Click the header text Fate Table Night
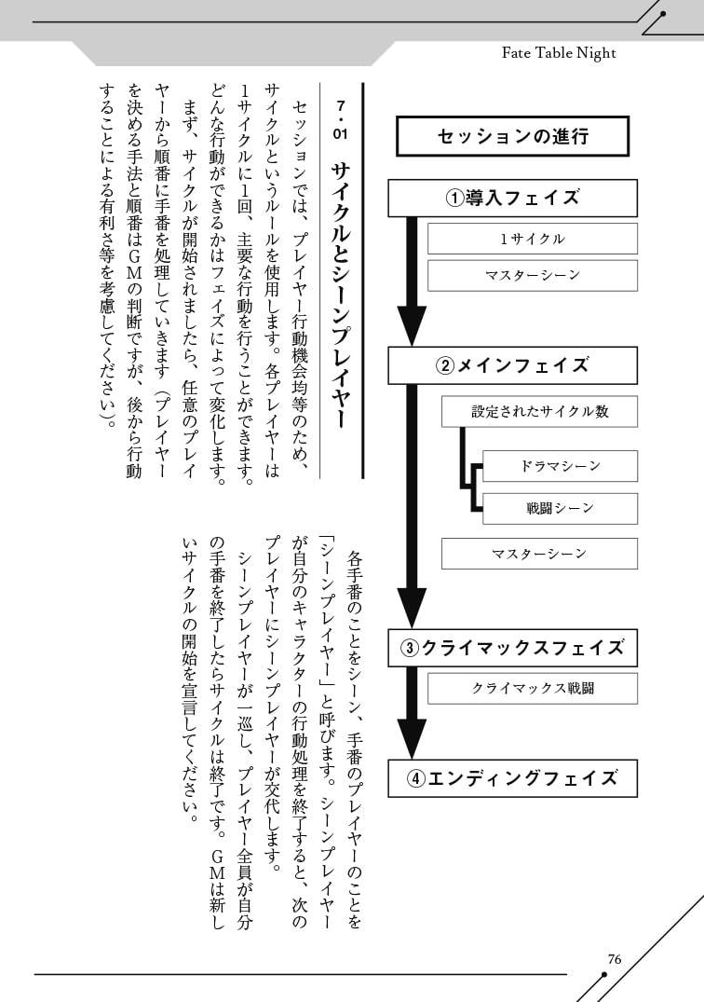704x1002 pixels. (x=559, y=53)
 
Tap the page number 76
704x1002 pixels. (x=614, y=959)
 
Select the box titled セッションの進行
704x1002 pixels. (x=512, y=136)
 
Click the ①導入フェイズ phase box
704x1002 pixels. (x=512, y=198)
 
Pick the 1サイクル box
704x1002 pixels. (x=532, y=239)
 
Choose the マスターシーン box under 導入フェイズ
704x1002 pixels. (x=532, y=275)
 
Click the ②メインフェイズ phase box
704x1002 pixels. (x=512, y=365)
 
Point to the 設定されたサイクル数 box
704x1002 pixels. (x=539, y=411)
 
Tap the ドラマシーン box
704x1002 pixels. (x=560, y=465)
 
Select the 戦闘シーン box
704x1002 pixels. (x=560, y=508)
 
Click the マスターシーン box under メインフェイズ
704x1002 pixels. (x=539, y=554)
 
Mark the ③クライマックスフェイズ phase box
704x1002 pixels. (x=512, y=648)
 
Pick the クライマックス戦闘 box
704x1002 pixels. (x=532, y=689)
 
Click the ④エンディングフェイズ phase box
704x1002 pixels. (x=512, y=778)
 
